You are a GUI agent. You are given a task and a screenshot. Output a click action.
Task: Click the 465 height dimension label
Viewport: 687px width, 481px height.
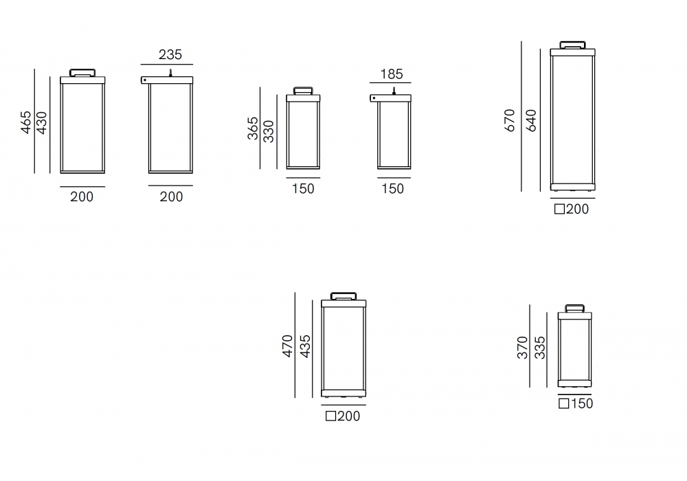pyautogui.click(x=26, y=122)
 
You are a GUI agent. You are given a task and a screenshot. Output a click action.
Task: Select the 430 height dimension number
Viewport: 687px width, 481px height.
pyautogui.click(x=42, y=122)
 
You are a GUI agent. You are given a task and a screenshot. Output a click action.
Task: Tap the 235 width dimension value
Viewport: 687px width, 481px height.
pyautogui.click(x=170, y=55)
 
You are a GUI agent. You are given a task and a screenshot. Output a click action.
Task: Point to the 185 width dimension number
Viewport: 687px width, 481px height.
pyautogui.click(x=392, y=74)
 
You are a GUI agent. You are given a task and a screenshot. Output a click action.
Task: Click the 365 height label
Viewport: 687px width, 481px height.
pyautogui.click(x=253, y=128)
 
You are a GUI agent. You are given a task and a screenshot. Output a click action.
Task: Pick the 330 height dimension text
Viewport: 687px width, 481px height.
pyautogui.click(x=269, y=131)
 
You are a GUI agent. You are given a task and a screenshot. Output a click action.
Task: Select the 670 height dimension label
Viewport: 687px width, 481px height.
pyautogui.click(x=510, y=120)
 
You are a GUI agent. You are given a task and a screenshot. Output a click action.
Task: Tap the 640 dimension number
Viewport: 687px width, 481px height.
pyautogui.click(x=530, y=120)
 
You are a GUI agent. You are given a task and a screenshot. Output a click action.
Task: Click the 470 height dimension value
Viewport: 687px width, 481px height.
pyautogui.click(x=287, y=346)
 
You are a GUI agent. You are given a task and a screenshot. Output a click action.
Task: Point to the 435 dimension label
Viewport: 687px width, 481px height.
pyautogui.click(x=305, y=346)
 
